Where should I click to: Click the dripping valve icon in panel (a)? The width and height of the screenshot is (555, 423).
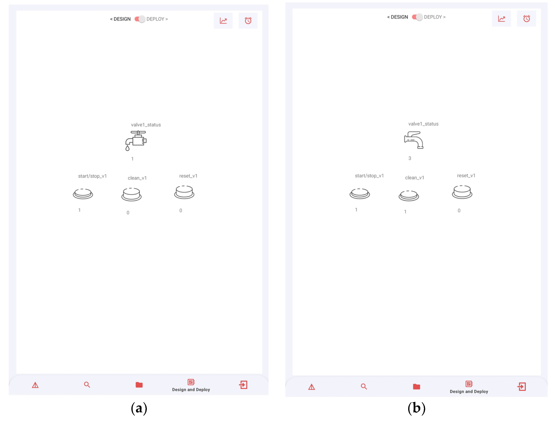coord(136,140)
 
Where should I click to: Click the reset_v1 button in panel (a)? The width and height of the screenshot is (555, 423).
coord(184,192)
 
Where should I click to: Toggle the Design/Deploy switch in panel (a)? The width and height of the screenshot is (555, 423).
coord(140,19)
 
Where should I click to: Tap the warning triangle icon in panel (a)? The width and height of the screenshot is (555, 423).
coord(35,385)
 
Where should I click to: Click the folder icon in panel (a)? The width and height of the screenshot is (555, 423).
coord(139,385)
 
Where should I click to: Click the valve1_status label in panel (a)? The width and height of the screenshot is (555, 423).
coord(146,125)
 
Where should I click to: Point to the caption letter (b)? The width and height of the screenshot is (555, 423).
coord(416,408)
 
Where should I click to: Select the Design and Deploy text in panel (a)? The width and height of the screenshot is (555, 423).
coord(191,390)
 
